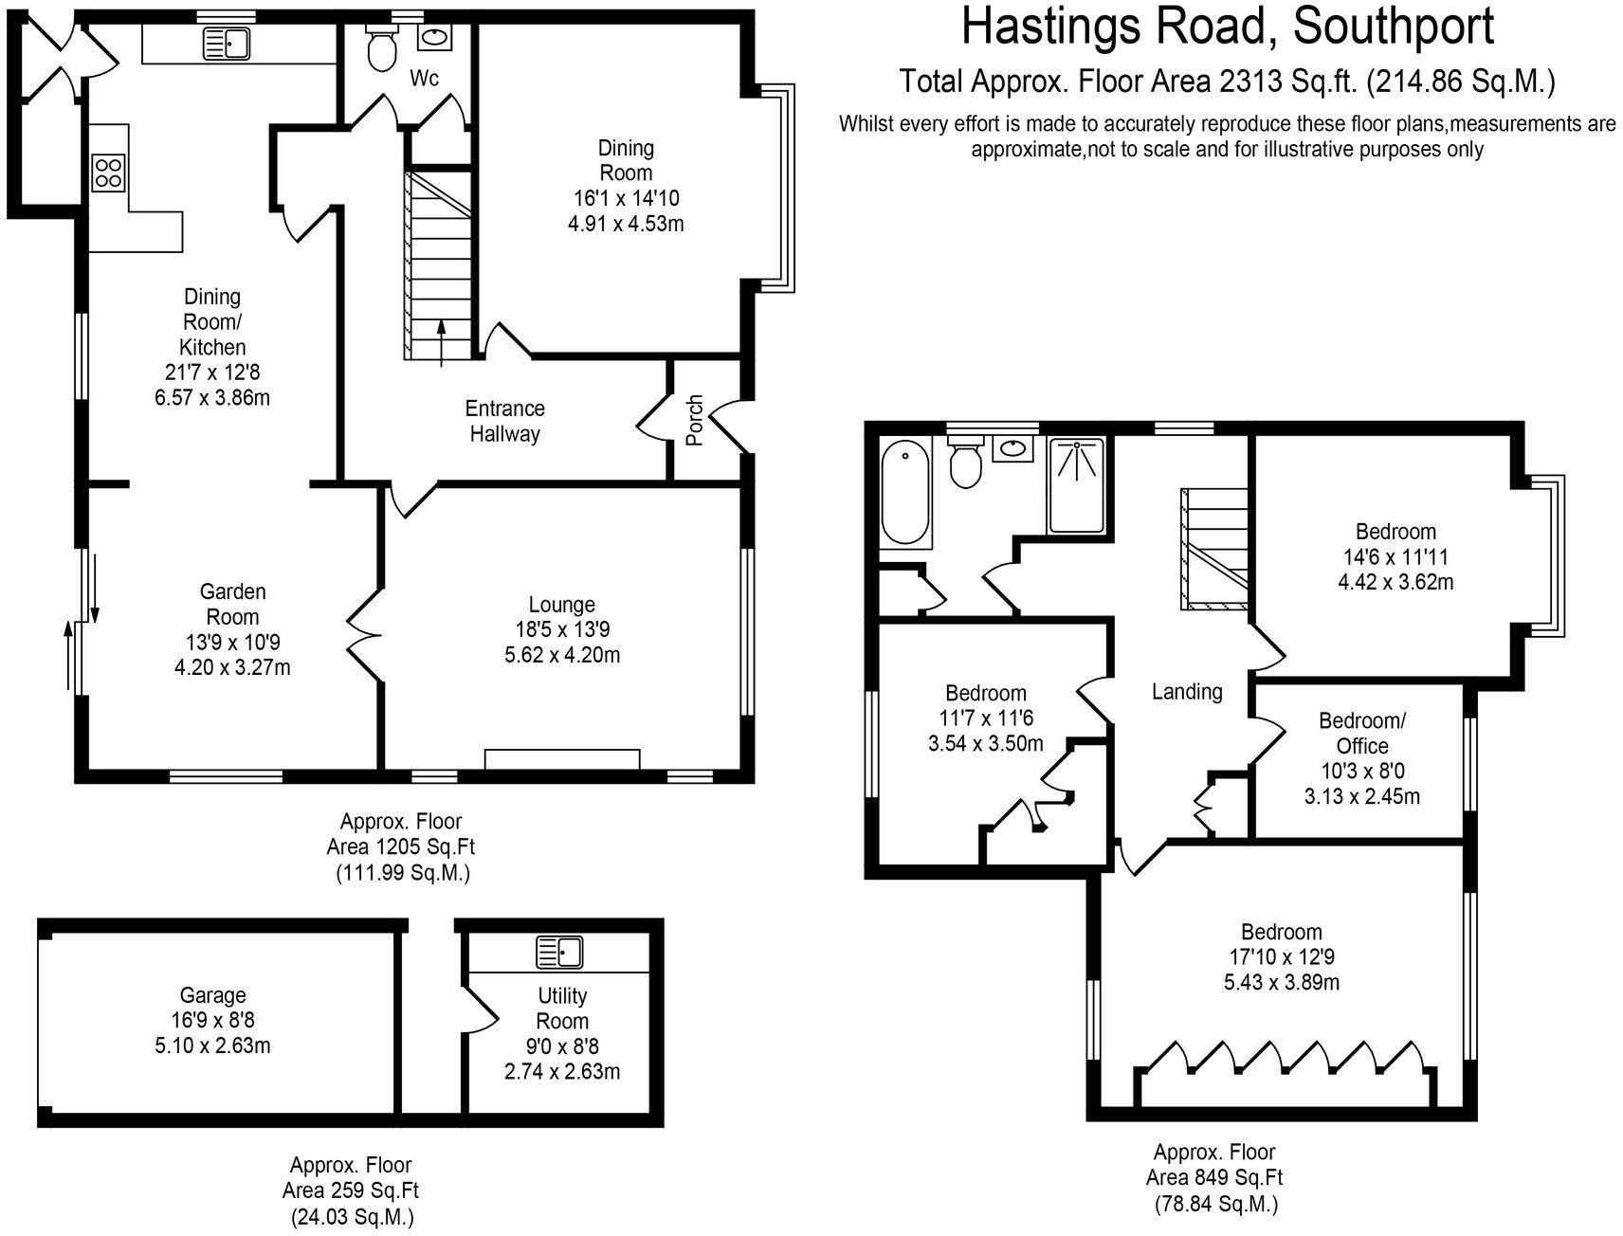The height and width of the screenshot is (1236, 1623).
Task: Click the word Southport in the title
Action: click(x=1394, y=27)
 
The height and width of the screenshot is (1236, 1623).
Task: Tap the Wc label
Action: click(x=424, y=79)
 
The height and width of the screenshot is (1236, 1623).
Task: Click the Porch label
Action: click(x=695, y=420)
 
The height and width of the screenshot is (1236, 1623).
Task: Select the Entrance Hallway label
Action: click(x=504, y=422)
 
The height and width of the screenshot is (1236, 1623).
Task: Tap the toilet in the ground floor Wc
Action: click(x=382, y=47)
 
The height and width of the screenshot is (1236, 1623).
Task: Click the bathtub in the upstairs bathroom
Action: click(x=905, y=494)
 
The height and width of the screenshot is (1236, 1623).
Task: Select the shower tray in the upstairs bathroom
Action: click(x=1076, y=484)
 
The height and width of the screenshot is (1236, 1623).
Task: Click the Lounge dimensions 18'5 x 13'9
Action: click(x=561, y=629)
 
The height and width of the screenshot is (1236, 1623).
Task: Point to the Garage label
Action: click(x=213, y=995)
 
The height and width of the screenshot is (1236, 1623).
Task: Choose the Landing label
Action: click(x=1187, y=692)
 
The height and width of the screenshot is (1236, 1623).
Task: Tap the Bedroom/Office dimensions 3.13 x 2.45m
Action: click(x=1361, y=796)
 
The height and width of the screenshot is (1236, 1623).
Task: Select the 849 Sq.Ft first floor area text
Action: click(x=1215, y=1178)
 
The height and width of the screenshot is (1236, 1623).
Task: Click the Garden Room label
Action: click(x=232, y=604)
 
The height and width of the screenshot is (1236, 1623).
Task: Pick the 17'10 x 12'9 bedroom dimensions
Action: click(x=1282, y=956)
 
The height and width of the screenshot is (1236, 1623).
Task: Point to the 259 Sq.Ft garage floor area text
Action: click(x=350, y=1191)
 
